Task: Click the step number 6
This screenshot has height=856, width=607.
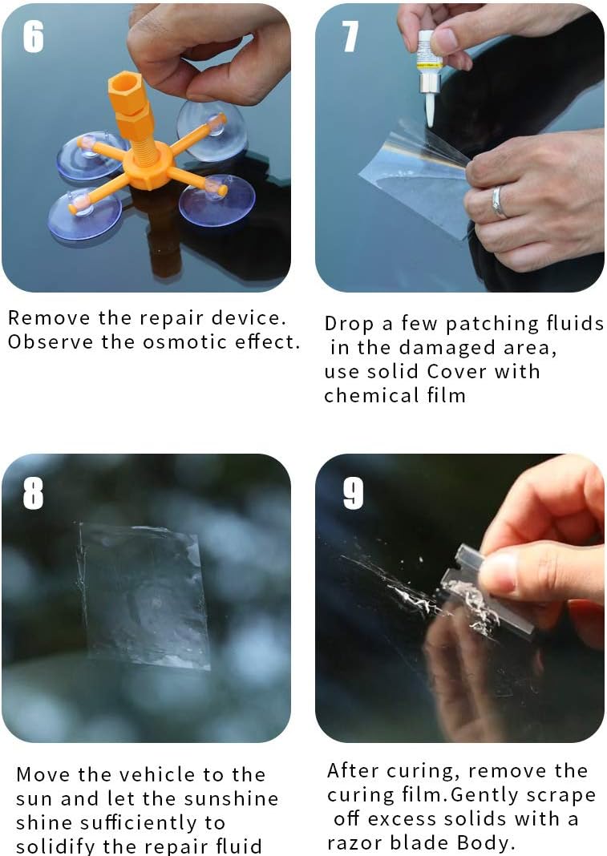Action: coord(34,37)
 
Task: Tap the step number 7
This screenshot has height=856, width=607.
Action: coord(350,37)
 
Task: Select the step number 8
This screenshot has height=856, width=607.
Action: coord(34,494)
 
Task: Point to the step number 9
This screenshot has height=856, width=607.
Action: coord(353,494)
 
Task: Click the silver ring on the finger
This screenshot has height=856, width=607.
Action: coord(498,202)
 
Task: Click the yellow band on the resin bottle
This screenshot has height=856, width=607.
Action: coord(428,65)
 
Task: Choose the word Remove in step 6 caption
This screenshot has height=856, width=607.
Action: coord(49,317)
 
